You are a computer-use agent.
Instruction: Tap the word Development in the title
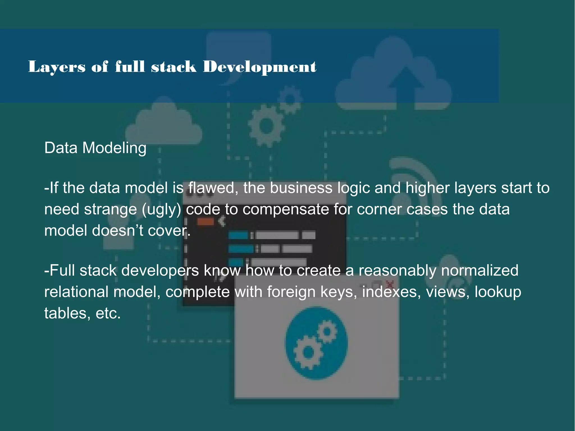[259, 67]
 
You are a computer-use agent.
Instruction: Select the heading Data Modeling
[95, 148]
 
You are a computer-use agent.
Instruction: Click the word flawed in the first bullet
[211, 188]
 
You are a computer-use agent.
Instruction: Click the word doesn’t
[117, 231]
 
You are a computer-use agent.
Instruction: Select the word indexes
[391, 292]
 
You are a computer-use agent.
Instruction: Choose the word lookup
[498, 292]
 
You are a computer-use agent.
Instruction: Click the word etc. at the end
[108, 313]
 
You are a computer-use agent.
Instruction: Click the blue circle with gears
[317, 343]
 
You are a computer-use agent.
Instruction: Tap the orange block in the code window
[205, 222]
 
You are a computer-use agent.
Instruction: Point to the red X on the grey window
[391, 284]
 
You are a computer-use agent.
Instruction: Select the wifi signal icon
[413, 180]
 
